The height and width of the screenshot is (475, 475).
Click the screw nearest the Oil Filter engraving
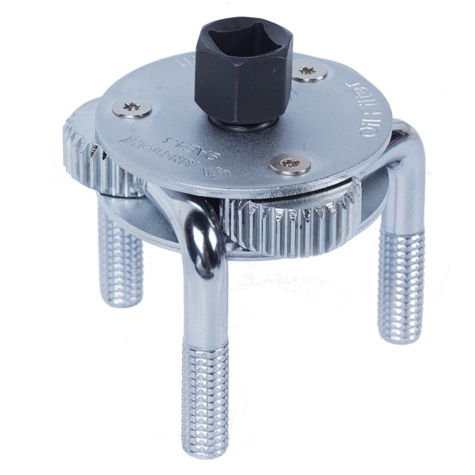click(x=309, y=71)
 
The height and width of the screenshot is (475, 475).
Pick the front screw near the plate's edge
click(x=289, y=164)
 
